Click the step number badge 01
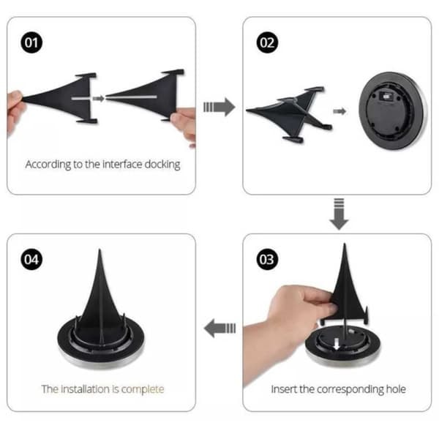31,42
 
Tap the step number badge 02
267,42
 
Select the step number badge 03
267,259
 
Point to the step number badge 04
31,259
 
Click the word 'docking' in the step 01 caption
162,165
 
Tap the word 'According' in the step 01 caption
48,165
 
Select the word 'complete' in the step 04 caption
143,389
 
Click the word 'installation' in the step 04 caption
85,389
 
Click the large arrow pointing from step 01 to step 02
219,107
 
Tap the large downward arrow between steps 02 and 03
339,214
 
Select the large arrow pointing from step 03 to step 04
219,328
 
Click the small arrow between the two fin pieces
98,98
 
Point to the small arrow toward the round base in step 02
339,111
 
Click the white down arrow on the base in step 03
337,344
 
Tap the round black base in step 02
392,111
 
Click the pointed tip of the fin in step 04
100,249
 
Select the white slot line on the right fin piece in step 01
131,97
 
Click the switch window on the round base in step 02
386,97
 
